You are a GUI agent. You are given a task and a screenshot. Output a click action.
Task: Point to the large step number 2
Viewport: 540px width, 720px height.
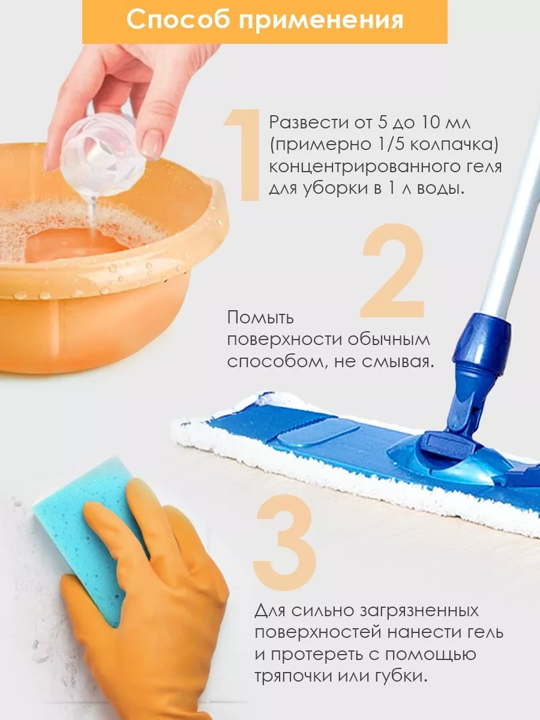coord(393,271)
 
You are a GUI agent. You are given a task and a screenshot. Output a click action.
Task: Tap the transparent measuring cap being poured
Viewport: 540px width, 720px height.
coord(103,156)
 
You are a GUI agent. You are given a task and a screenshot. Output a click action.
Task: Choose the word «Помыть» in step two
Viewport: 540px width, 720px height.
coord(260,318)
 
